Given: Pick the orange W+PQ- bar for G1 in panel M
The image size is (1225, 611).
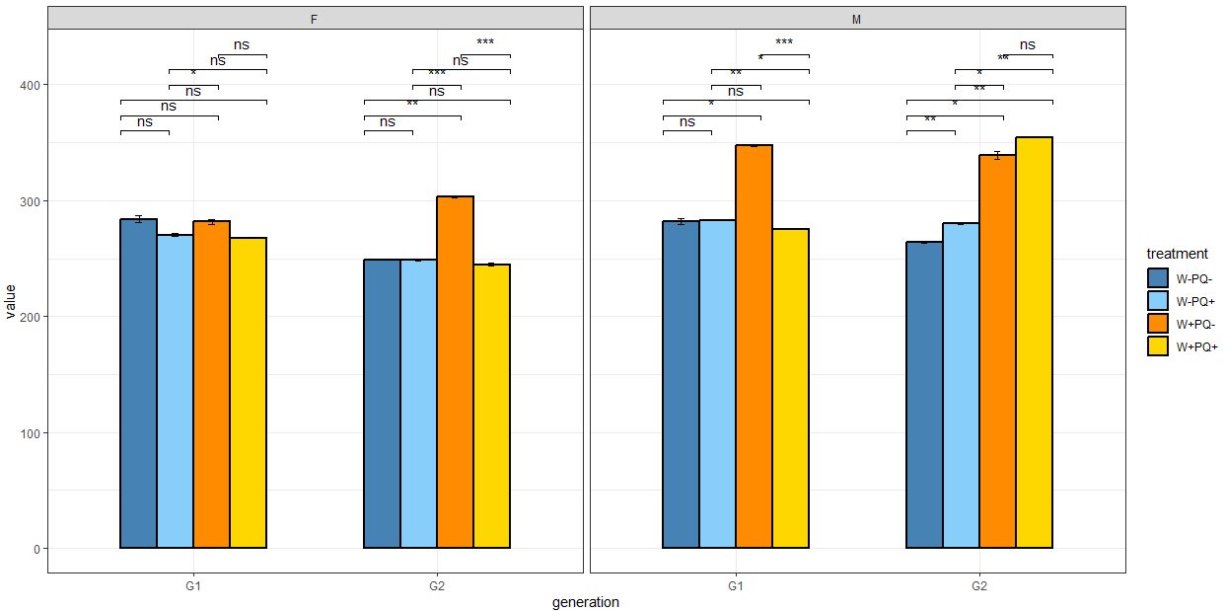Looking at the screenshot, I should click(754, 346).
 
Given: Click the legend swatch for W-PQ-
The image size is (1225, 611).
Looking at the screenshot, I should click(1158, 278).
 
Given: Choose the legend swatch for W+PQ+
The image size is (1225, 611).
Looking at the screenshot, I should click(1158, 346).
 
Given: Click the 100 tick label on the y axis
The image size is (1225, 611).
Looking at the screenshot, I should click(32, 433).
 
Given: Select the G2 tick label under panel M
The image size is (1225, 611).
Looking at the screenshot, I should click(978, 585).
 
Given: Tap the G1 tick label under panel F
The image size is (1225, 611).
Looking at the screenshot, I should click(193, 585).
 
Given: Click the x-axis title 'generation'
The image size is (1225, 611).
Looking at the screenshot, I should click(585, 602).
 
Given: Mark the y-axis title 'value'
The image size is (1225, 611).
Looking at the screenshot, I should click(11, 301).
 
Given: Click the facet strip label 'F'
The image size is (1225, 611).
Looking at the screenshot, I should click(313, 19).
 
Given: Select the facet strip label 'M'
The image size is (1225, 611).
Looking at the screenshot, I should click(856, 19).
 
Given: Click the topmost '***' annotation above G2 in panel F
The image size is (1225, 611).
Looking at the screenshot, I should click(485, 42).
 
